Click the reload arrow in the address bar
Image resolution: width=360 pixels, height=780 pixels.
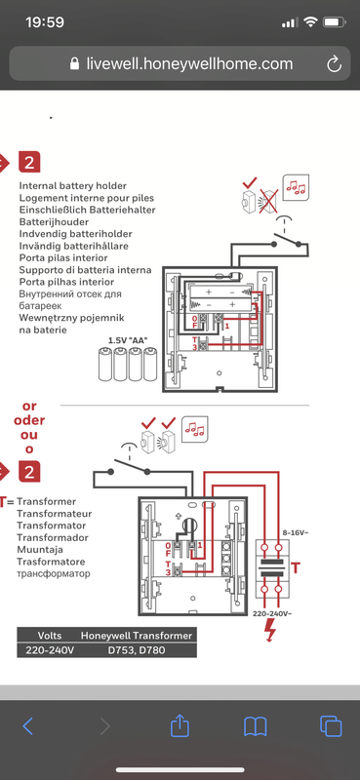(x=334, y=63)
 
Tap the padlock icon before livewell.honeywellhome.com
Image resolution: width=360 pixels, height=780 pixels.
(x=75, y=64)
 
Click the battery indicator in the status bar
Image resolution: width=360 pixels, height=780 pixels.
(x=336, y=20)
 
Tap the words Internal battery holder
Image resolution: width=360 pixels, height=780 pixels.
(x=70, y=184)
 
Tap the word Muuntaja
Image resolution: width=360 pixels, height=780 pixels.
(x=48, y=550)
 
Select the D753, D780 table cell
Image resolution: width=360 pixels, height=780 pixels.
(x=137, y=650)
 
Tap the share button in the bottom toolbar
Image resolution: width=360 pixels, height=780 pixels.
(x=180, y=725)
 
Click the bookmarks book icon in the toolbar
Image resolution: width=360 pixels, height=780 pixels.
(x=256, y=725)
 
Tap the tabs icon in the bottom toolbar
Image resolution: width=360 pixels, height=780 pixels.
(x=331, y=725)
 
